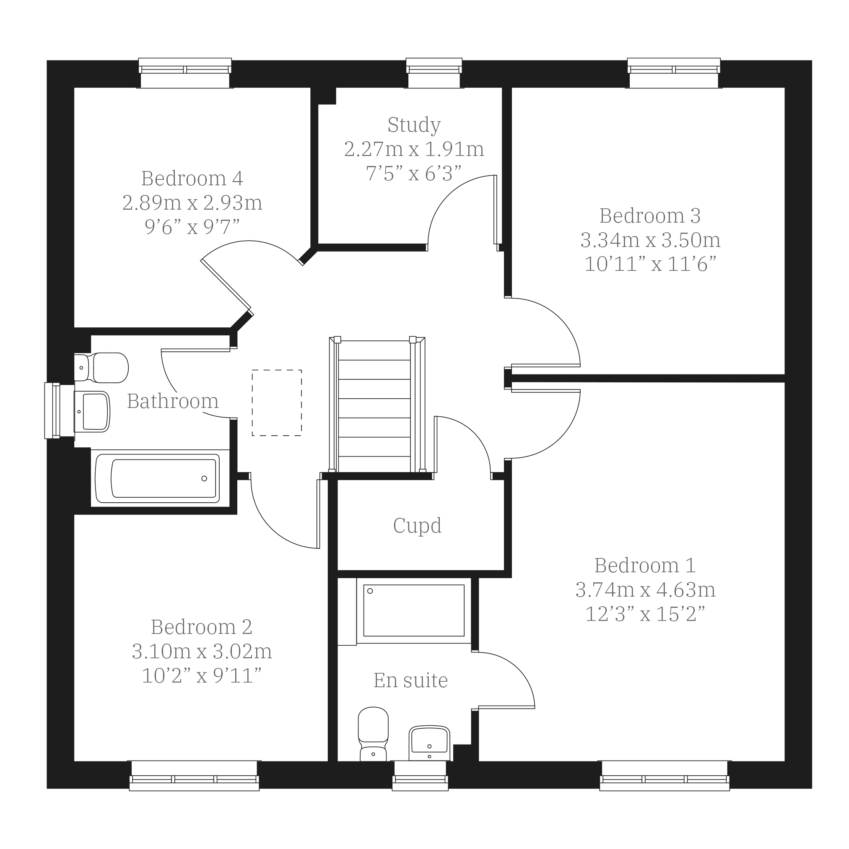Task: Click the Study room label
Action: (x=414, y=125)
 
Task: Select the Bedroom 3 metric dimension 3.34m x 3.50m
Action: (x=650, y=240)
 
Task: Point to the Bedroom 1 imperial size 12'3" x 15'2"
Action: (x=645, y=614)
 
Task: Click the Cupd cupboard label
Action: (x=417, y=526)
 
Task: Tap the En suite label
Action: (x=410, y=681)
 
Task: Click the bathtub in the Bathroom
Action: (x=157, y=478)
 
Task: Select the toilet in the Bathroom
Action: (x=101, y=368)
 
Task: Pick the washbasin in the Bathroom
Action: (x=92, y=412)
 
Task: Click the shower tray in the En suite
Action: (x=414, y=611)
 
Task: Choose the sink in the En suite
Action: (x=429, y=743)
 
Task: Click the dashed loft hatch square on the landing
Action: (x=277, y=403)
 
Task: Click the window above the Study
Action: (x=434, y=73)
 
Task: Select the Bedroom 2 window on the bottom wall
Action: (x=194, y=776)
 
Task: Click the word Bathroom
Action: (x=173, y=401)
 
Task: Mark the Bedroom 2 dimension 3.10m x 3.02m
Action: (x=202, y=652)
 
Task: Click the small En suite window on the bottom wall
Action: (x=420, y=776)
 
